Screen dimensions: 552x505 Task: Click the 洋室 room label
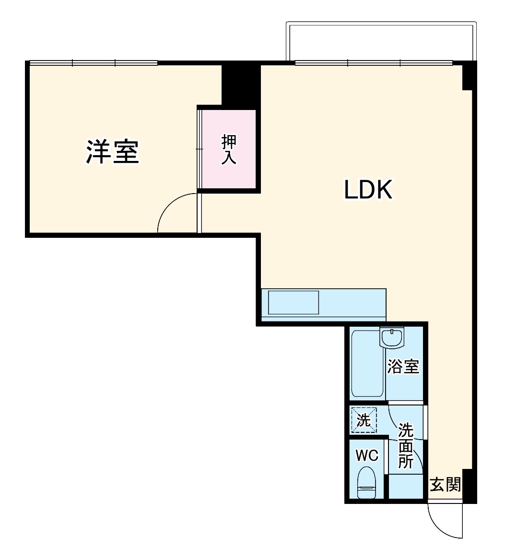coord(113,152)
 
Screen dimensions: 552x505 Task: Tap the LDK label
coord(368,190)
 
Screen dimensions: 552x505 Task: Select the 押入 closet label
coord(229,150)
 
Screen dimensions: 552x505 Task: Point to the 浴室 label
coord(403,367)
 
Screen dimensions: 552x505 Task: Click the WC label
coord(367,455)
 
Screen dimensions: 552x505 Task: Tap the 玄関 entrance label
coord(445,485)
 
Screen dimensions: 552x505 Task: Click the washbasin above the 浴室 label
coord(392,337)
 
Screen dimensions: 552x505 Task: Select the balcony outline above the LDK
coord(381,41)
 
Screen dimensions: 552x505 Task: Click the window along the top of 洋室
coord(94,62)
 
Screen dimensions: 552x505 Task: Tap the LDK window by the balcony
coord(374,62)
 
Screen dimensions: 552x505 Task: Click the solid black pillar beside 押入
coord(240,85)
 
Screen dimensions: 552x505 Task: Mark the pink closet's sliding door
coord(200,149)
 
